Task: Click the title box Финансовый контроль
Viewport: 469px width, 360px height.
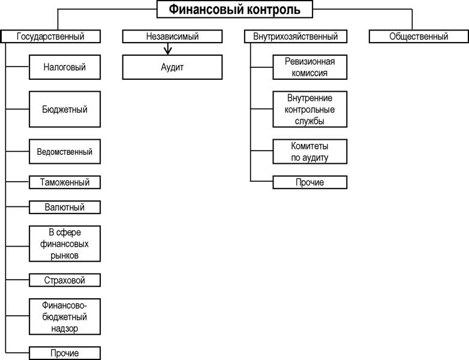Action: pyautogui.click(x=235, y=9)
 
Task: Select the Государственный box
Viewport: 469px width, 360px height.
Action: pyautogui.click(x=50, y=36)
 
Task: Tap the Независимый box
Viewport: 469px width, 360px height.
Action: pyautogui.click(x=172, y=36)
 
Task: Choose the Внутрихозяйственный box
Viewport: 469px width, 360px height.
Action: pyautogui.click(x=296, y=36)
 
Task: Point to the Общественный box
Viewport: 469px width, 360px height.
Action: pyautogui.click(x=419, y=36)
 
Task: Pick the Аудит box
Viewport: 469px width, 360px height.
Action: pyautogui.click(x=172, y=67)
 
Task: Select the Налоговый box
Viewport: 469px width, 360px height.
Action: pyautogui.click(x=65, y=67)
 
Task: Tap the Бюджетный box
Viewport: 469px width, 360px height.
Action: pyautogui.click(x=65, y=109)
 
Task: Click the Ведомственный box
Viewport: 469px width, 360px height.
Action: pyautogui.click(x=65, y=151)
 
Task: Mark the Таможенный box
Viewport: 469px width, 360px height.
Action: pyautogui.click(x=65, y=182)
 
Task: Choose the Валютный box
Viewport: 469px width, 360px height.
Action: pyautogui.click(x=65, y=207)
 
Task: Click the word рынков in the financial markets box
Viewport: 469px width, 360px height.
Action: pyautogui.click(x=64, y=256)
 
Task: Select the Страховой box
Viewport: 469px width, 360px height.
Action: pyautogui.click(x=65, y=280)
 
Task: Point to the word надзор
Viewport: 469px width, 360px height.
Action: pyautogui.click(x=64, y=328)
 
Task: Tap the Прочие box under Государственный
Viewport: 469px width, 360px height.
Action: pyautogui.click(x=65, y=353)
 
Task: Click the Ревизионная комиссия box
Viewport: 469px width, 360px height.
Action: pyautogui.click(x=310, y=67)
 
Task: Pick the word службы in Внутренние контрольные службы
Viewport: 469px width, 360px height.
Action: pyautogui.click(x=309, y=121)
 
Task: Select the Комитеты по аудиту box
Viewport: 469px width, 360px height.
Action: pyautogui.click(x=310, y=151)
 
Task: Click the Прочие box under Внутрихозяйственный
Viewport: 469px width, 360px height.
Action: pyautogui.click(x=310, y=182)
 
